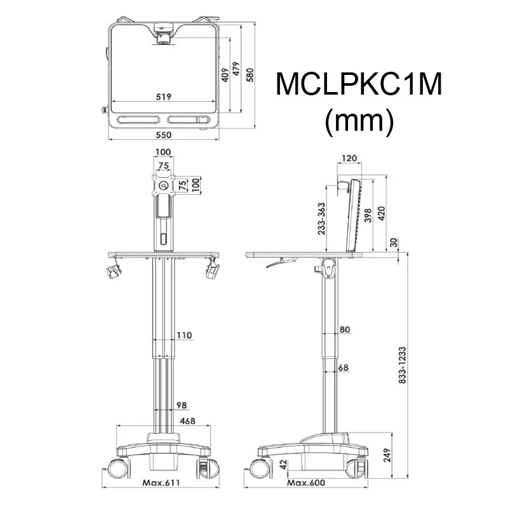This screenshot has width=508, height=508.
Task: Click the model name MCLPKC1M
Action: pos(359,85)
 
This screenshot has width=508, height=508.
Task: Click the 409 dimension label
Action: pos(224,76)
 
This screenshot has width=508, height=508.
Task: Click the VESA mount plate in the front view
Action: pos(164,184)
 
